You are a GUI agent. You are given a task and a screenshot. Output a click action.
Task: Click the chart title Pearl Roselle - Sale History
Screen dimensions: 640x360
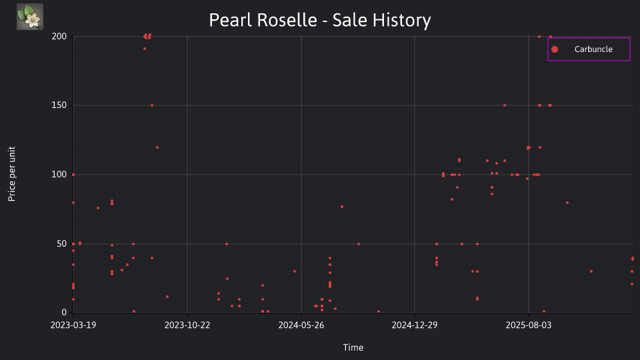click(x=319, y=20)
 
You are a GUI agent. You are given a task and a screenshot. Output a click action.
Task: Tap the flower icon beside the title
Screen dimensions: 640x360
click(x=30, y=17)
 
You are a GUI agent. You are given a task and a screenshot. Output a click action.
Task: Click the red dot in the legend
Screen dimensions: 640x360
click(x=554, y=49)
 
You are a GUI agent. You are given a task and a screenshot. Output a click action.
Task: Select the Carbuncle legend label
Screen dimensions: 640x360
click(x=593, y=49)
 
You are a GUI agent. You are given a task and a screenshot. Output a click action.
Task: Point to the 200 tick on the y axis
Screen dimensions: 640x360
click(x=59, y=36)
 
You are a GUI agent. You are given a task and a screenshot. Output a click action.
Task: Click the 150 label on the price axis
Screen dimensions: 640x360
click(x=59, y=105)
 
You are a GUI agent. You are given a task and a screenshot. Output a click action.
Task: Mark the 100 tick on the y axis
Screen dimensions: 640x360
click(x=59, y=175)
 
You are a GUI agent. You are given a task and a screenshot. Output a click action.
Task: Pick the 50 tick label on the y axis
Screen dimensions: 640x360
click(x=61, y=244)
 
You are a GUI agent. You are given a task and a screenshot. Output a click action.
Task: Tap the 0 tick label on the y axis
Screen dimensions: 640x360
click(x=64, y=313)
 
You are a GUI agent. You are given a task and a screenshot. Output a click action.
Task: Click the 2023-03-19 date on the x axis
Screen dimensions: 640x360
click(x=73, y=325)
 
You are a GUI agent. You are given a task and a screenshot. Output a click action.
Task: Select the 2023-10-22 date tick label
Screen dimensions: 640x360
click(x=187, y=325)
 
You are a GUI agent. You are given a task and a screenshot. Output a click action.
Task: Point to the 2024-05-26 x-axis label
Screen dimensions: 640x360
click(x=301, y=325)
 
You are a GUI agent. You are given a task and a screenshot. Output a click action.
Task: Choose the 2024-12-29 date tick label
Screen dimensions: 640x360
click(x=415, y=325)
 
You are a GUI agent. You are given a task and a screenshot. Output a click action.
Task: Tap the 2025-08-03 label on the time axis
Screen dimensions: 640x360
click(x=529, y=325)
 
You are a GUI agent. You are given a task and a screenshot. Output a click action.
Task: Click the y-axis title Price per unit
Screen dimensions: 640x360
click(x=12, y=174)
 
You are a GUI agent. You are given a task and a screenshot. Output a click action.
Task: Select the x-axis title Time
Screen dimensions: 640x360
click(x=353, y=348)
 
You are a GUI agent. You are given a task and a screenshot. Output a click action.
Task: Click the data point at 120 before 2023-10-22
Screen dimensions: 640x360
click(x=157, y=147)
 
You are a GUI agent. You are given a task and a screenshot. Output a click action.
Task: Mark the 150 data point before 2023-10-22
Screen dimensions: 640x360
click(x=152, y=105)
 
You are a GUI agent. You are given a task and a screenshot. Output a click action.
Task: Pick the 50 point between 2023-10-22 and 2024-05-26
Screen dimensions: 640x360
click(x=227, y=244)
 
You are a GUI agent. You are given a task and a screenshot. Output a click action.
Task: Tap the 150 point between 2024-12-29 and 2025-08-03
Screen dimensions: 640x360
click(x=505, y=105)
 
